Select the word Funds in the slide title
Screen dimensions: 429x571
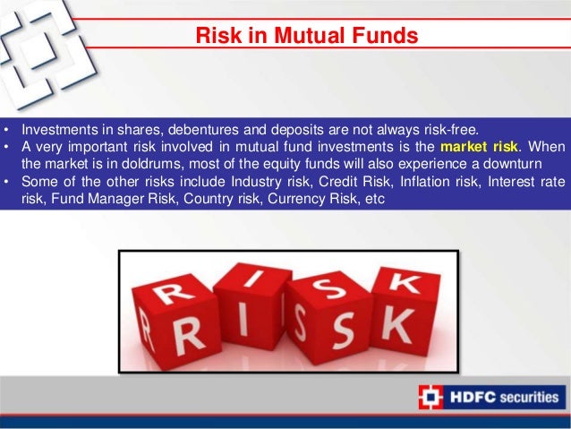(x=377, y=37)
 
